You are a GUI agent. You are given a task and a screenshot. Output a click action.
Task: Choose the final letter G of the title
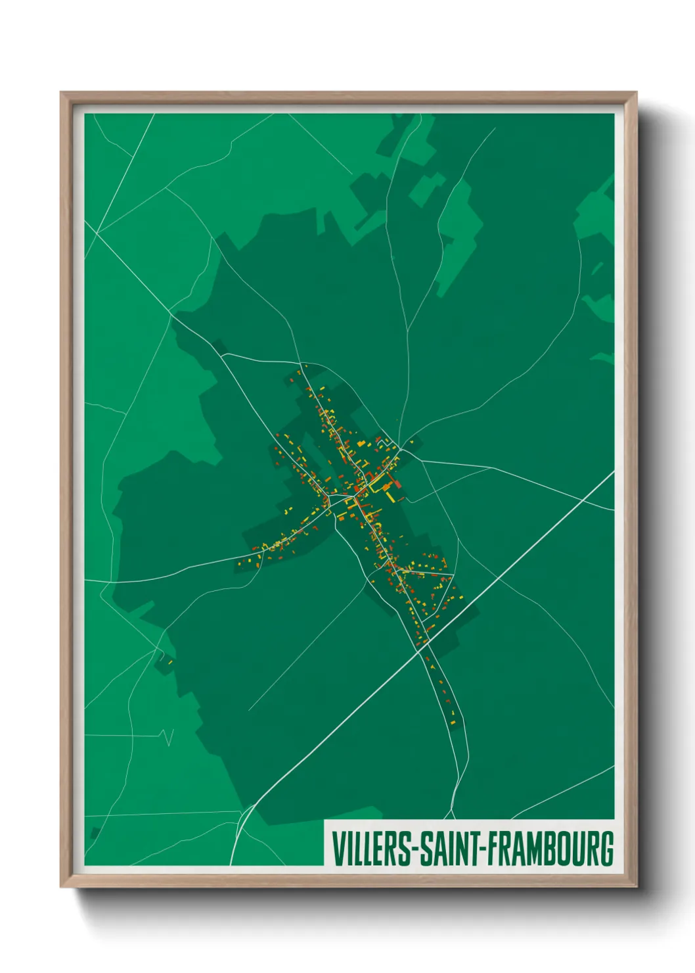click(x=606, y=849)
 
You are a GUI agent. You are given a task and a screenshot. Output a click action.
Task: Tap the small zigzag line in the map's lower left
click(x=168, y=736)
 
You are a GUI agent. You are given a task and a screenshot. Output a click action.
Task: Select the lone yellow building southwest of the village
click(x=169, y=661)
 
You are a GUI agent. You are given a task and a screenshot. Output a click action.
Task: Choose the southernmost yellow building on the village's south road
click(x=453, y=724)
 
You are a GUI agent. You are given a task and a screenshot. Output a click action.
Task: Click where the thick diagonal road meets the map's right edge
click(x=613, y=471)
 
